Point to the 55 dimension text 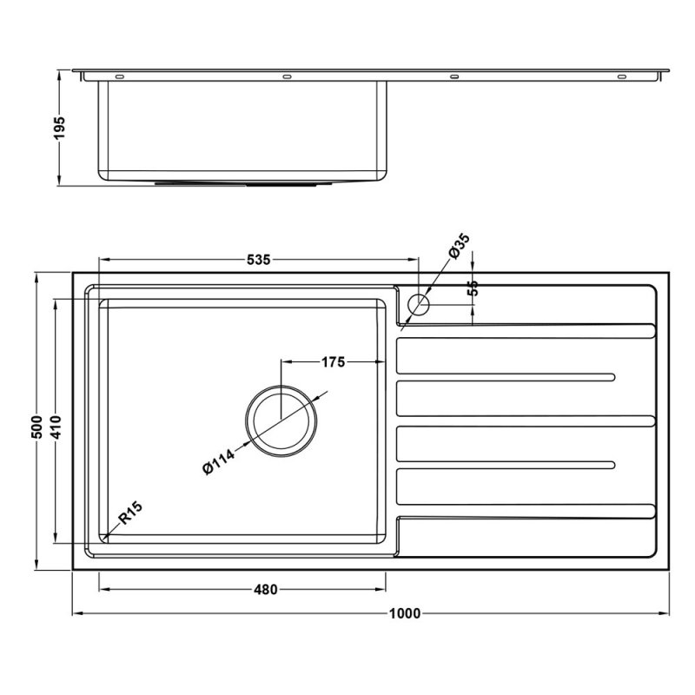point(473,289)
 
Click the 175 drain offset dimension point(334,361)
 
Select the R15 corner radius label point(129,513)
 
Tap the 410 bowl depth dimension point(56,427)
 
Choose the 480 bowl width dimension point(265,590)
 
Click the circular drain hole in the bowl point(281,422)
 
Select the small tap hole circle point(418,304)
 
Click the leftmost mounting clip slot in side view point(119,77)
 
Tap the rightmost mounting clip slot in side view point(621,77)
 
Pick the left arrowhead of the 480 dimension point(103,590)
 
